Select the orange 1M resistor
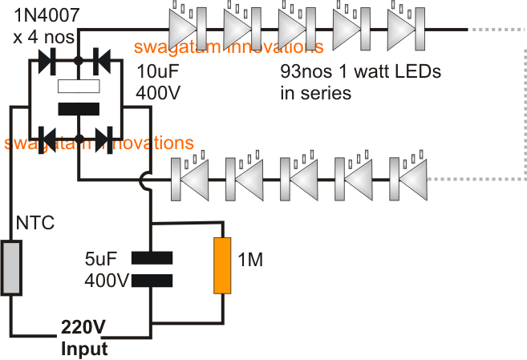pos(222,264)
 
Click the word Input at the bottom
pos(84,349)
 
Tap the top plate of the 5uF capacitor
pos(152,257)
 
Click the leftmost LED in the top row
pos(184,30)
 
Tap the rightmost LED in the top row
pos(399,30)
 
